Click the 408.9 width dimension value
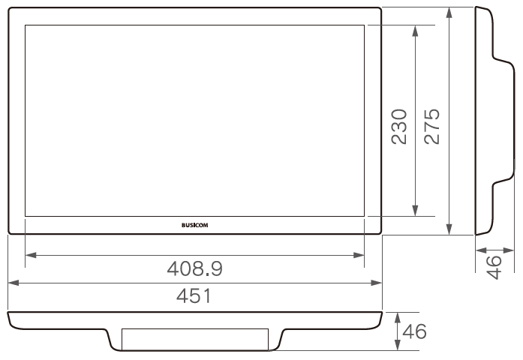pos(194,268)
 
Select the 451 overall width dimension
pos(194,295)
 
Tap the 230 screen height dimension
pos(399,125)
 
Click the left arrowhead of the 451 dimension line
pos(12,283)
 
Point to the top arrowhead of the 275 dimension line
pos(449,12)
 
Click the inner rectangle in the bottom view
pos(194,339)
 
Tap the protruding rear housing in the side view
pos(506,120)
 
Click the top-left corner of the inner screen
pos(26,25)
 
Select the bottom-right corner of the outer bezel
pos(380,233)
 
